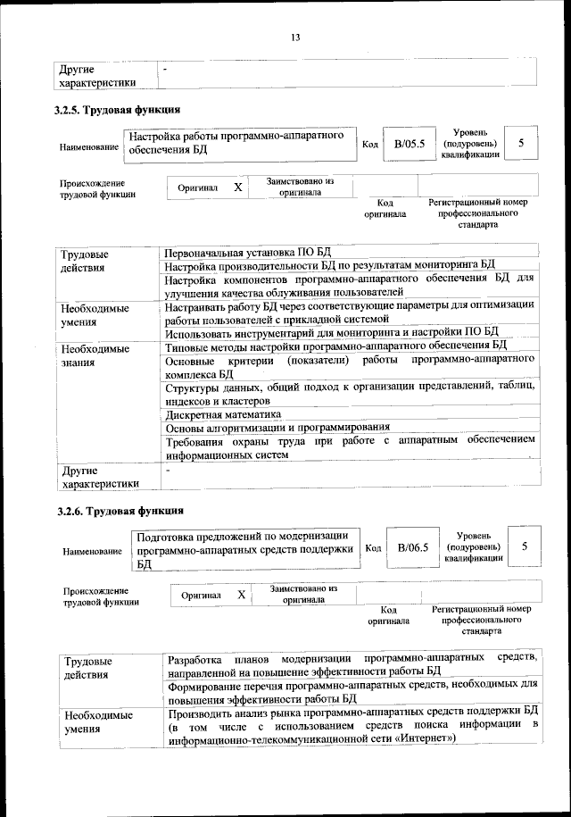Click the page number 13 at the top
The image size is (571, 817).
point(295,37)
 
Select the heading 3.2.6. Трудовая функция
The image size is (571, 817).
point(120,512)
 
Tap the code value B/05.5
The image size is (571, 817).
point(409,143)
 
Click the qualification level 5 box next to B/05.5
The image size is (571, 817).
point(521,143)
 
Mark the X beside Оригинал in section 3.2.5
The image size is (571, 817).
point(237,188)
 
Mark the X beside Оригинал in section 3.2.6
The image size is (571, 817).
point(241,594)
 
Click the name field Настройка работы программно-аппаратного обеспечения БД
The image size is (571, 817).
point(236,143)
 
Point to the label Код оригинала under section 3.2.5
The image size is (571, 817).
point(385,208)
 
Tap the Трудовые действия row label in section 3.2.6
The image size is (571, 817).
point(87,667)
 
